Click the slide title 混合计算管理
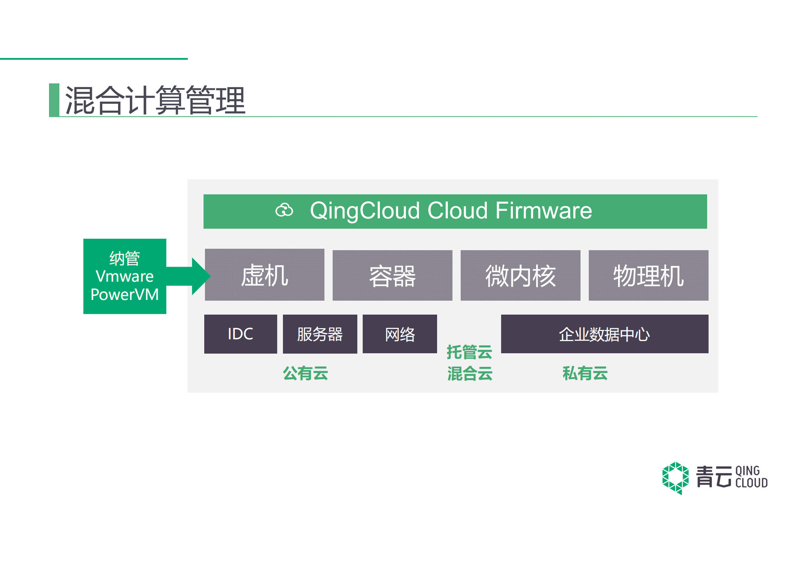click(155, 101)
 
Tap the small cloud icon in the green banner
click(284, 210)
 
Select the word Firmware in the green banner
click(543, 210)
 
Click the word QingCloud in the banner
click(364, 210)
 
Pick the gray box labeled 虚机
click(264, 275)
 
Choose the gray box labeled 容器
click(392, 276)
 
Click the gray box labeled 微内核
click(520, 276)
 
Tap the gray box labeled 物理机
click(648, 276)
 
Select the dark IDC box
click(240, 334)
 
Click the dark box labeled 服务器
click(320, 334)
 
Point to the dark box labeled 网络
click(400, 334)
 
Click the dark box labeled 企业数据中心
click(604, 334)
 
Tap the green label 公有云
click(305, 373)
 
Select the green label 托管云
click(469, 352)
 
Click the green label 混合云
click(470, 374)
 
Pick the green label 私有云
click(585, 373)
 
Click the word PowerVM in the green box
click(124, 295)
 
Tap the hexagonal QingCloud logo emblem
click(675, 478)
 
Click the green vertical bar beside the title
click(54, 100)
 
